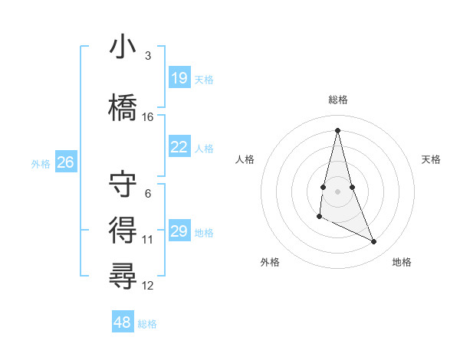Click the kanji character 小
[123, 48]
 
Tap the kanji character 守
[123, 185]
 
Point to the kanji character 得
[123, 229]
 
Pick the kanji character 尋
[123, 274]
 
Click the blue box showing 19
[179, 78]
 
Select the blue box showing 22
[179, 148]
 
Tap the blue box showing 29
[179, 231]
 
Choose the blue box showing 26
[66, 162]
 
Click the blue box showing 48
[123, 322]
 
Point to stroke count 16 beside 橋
[148, 117]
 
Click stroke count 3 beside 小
[147, 56]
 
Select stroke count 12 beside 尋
[148, 286]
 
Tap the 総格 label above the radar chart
[337, 100]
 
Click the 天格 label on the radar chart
[432, 159]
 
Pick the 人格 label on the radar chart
[245, 159]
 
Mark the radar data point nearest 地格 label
[374, 242]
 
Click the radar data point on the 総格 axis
[337, 129]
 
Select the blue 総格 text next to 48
[147, 324]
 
